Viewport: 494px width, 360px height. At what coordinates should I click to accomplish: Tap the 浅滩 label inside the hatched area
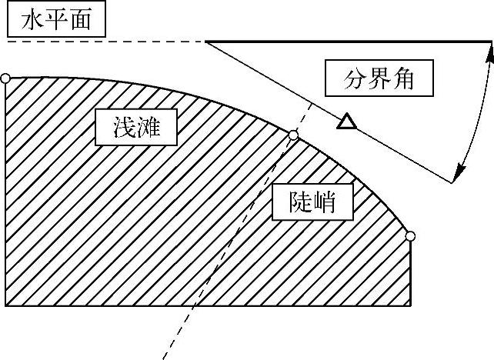pyautogui.click(x=135, y=127)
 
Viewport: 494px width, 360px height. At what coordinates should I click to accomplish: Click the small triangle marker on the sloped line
pyautogui.click(x=348, y=122)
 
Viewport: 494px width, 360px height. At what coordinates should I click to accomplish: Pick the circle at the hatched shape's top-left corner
pyautogui.click(x=5, y=78)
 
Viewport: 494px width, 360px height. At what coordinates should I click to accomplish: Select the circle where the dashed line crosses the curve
pyautogui.click(x=292, y=135)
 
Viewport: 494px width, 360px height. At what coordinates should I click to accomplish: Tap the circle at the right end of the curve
pyautogui.click(x=410, y=235)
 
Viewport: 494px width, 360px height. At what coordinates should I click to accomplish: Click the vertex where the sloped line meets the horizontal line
pyautogui.click(x=205, y=42)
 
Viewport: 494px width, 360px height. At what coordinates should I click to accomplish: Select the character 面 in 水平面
pyautogui.click(x=79, y=20)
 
